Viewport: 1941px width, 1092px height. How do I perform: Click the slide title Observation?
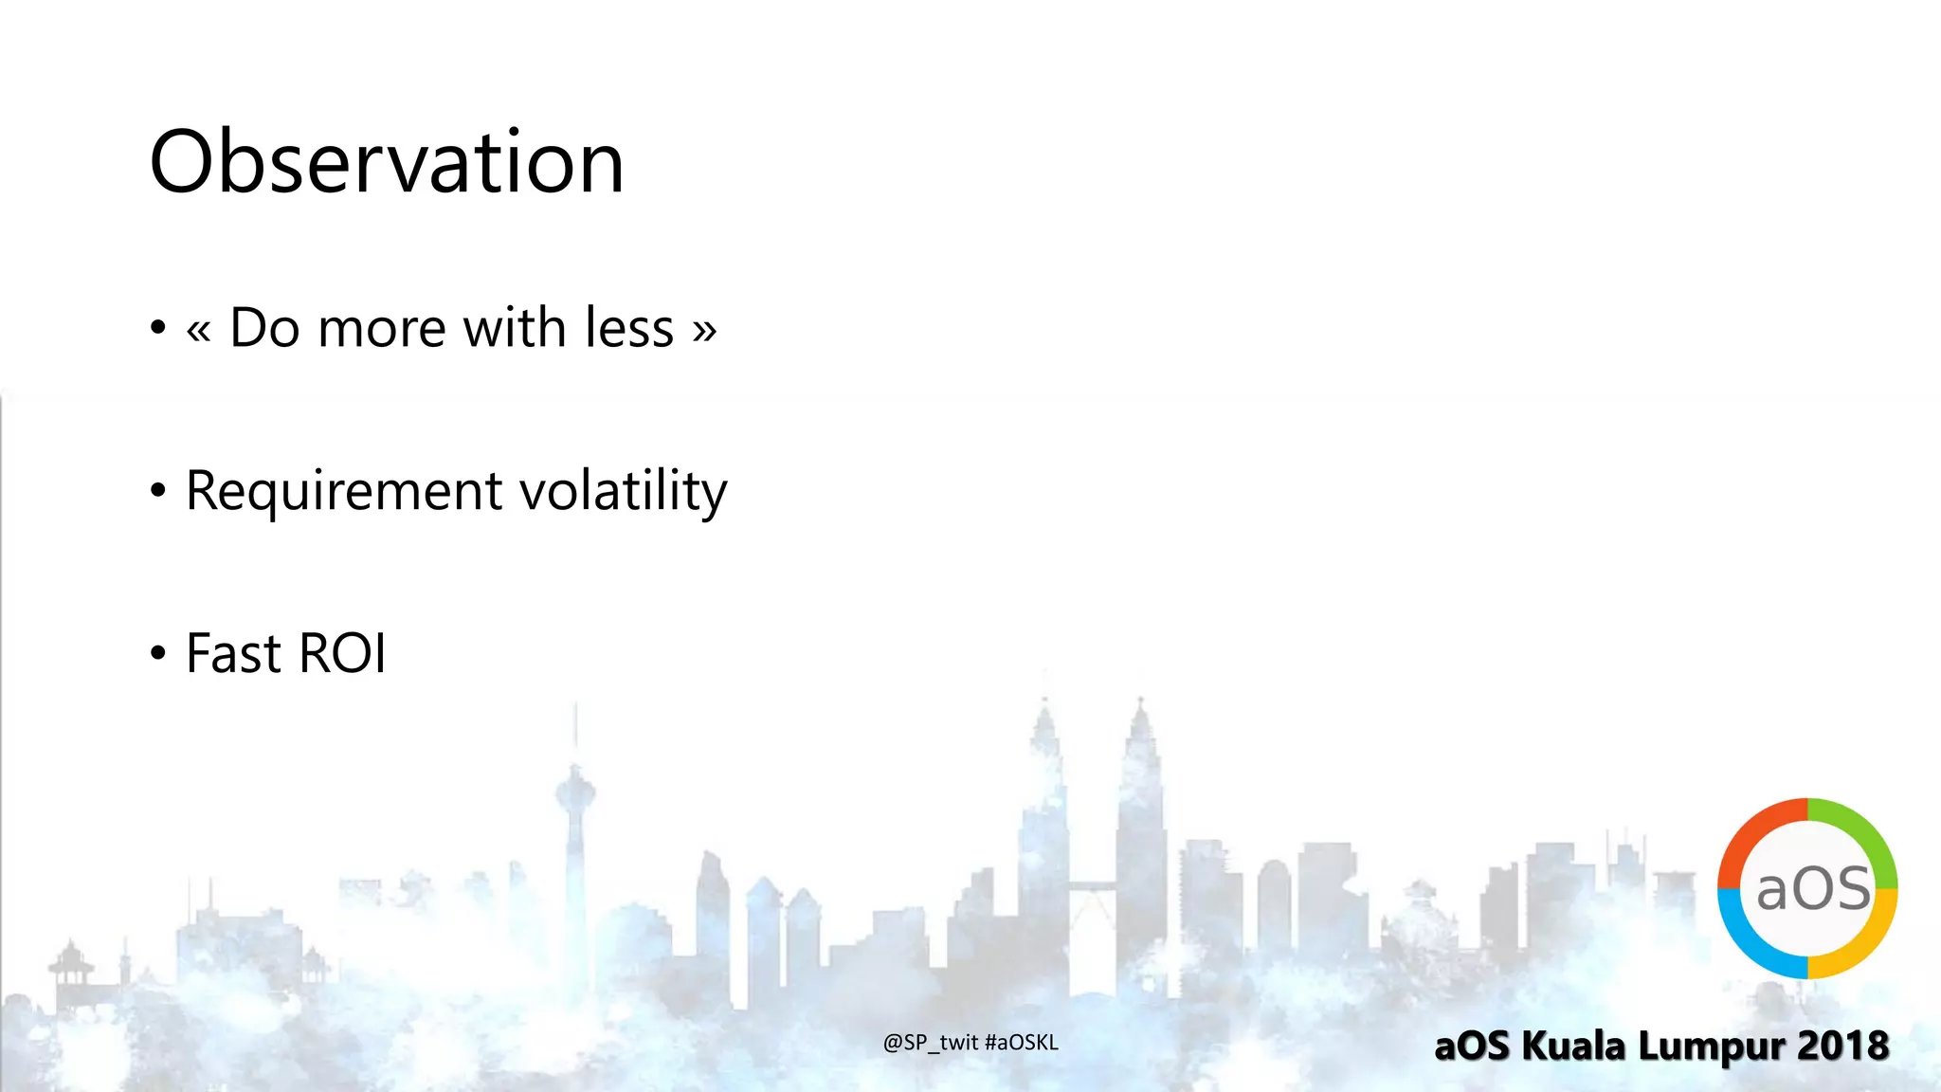387,162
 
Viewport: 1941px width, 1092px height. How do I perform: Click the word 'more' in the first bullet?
382,329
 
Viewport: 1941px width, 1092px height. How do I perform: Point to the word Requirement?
344,492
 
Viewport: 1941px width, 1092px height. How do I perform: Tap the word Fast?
234,654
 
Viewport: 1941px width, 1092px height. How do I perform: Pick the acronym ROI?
342,654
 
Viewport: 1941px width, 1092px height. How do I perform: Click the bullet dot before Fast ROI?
158,653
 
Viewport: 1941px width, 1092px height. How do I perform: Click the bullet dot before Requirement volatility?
158,490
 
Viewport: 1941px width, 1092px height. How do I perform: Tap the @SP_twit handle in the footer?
930,1043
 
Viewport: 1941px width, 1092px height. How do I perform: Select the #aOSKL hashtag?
1021,1043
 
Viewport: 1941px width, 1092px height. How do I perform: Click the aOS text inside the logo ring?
1812,889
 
